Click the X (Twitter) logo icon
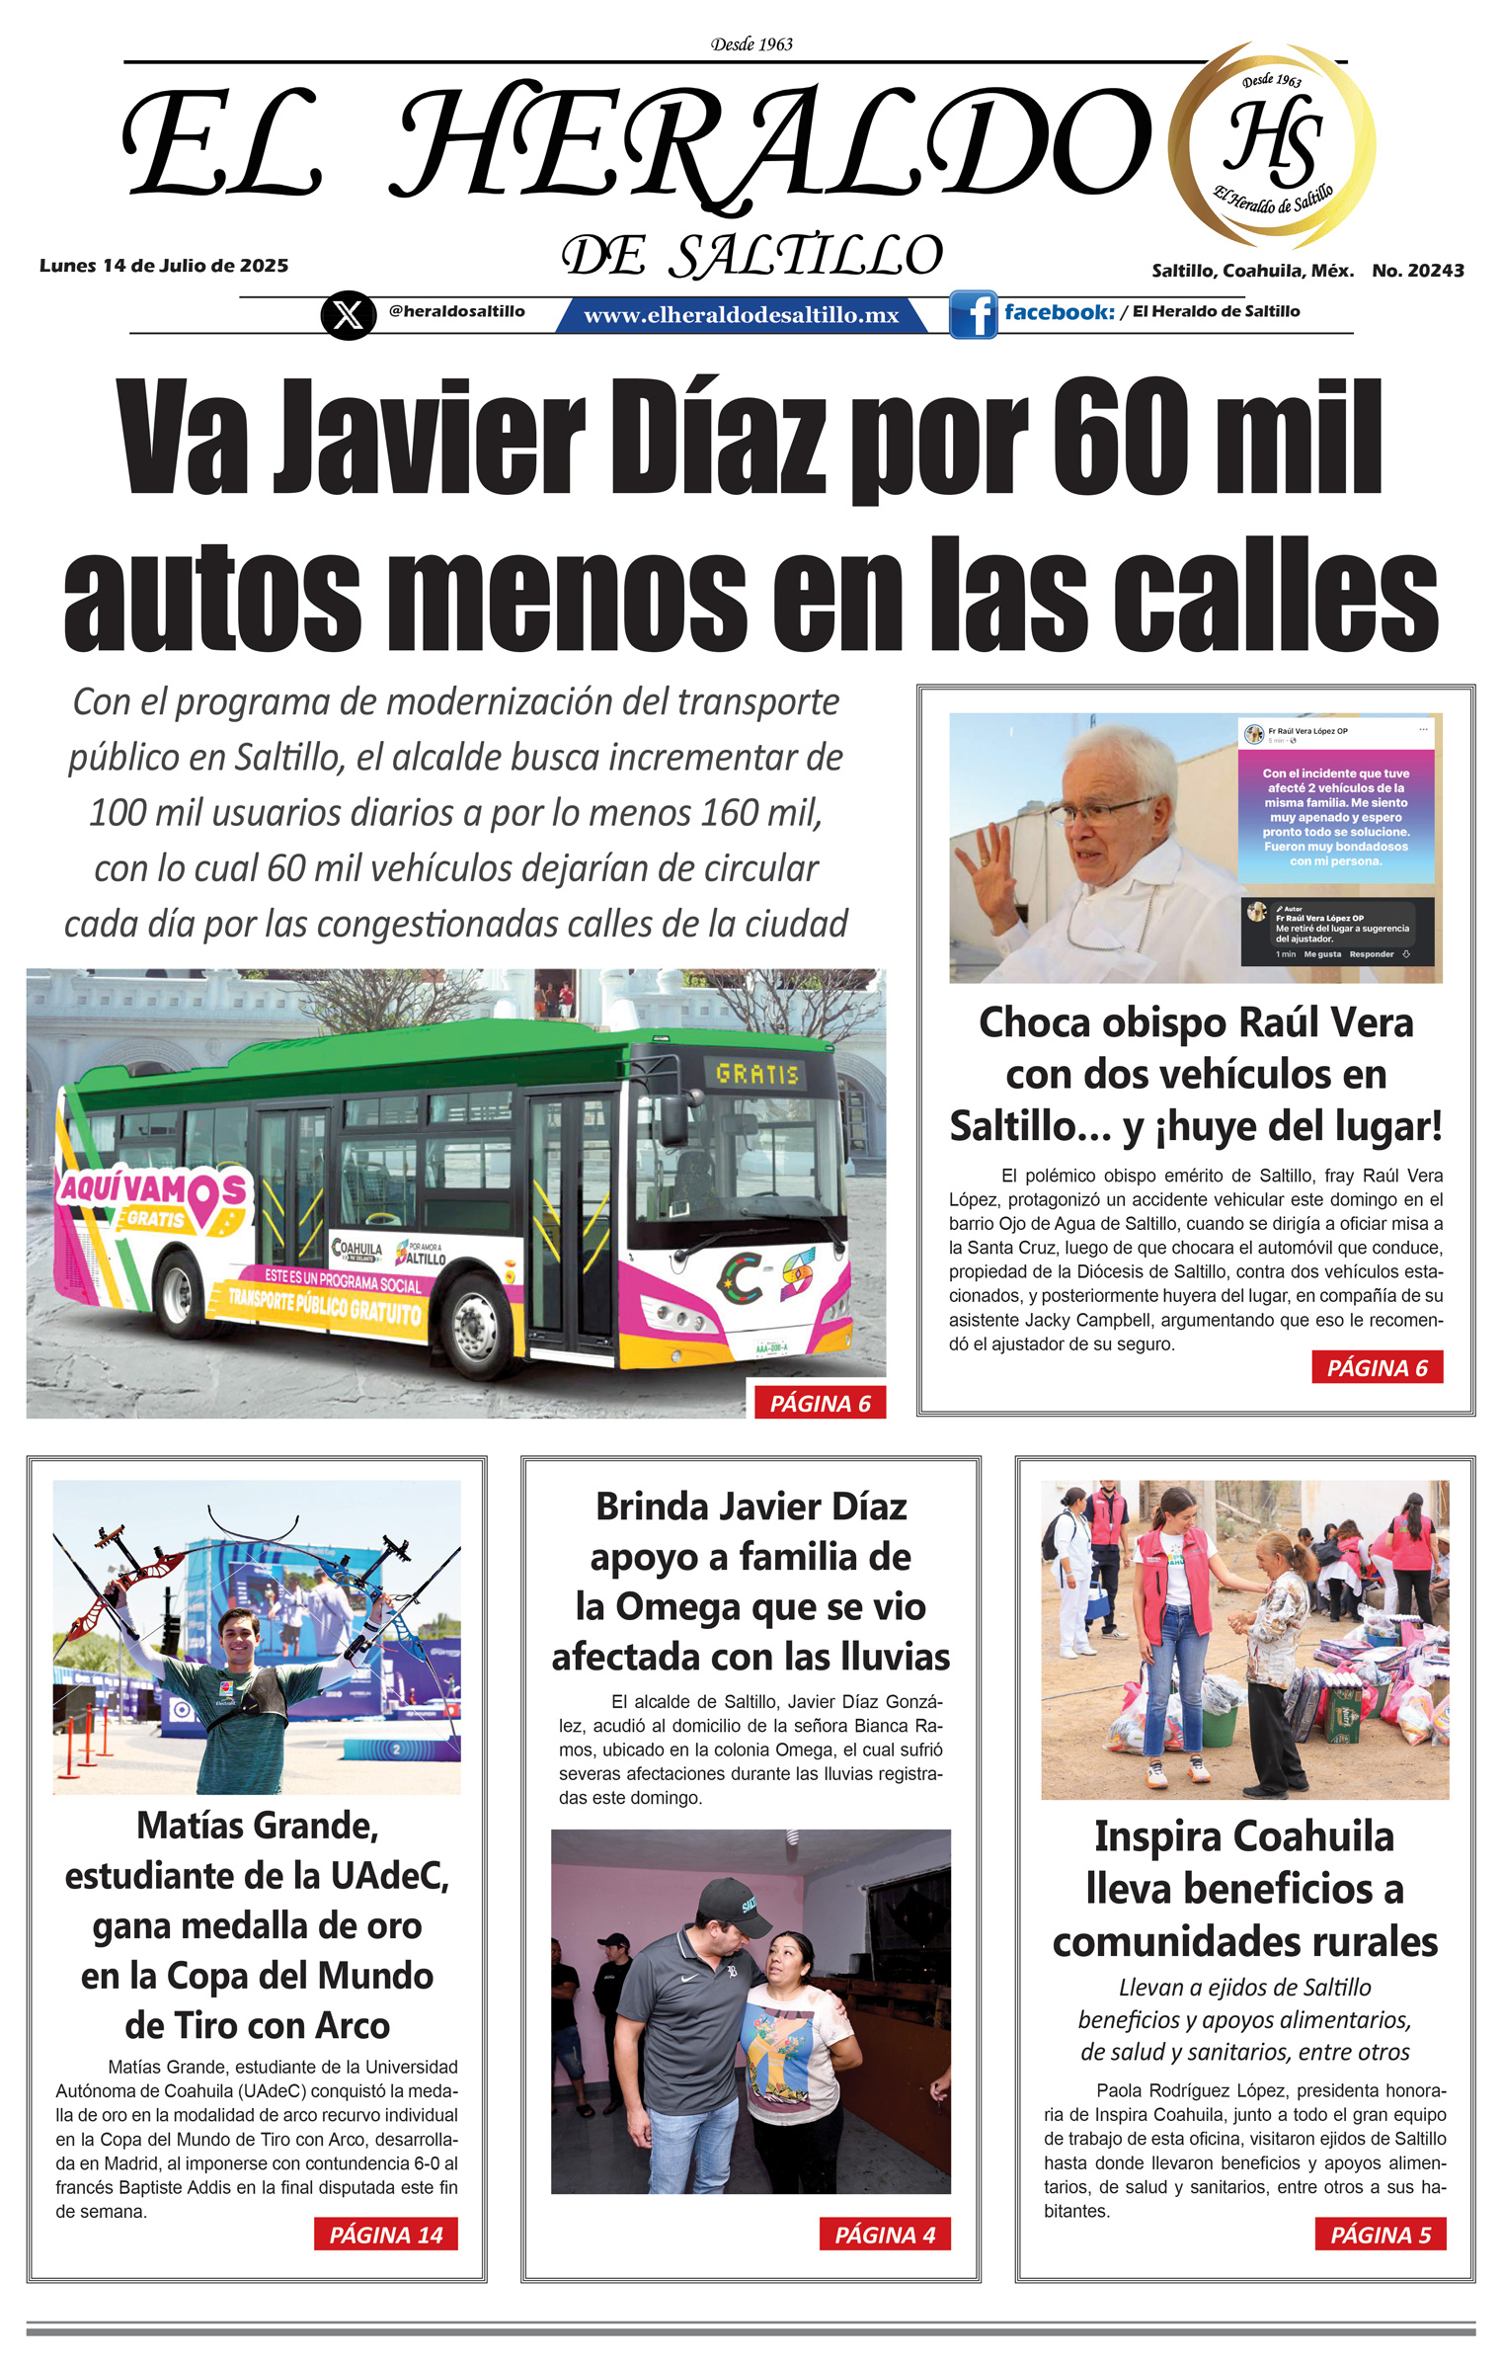348,315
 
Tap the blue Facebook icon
974,315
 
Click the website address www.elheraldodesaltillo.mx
741,315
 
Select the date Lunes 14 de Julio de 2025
164,266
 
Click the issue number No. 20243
1417,271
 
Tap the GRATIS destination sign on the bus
756,1074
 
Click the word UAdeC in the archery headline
392,1876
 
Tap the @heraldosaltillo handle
456,311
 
